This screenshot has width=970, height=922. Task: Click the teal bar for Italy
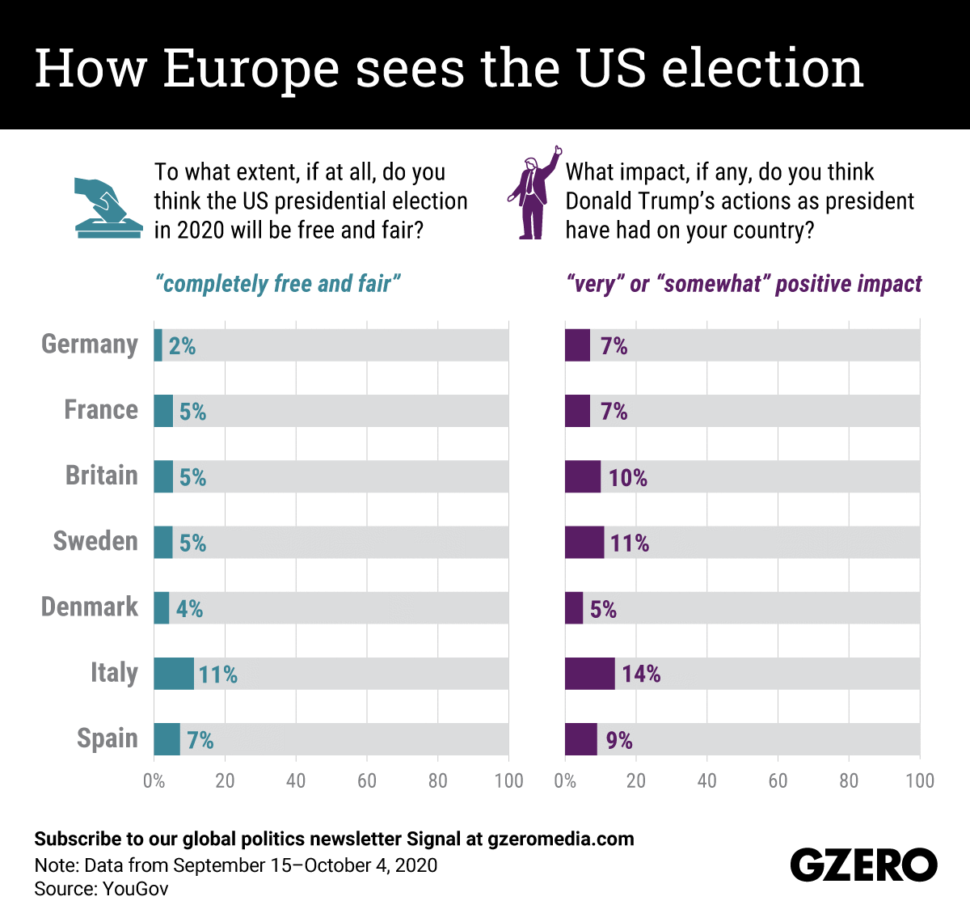(174, 673)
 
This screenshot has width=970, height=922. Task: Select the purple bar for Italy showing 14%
(589, 673)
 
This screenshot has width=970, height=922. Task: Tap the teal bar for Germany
(158, 345)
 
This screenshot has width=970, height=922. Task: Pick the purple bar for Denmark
(574, 607)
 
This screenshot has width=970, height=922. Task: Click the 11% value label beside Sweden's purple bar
(630, 543)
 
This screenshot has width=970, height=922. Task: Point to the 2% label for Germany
(183, 346)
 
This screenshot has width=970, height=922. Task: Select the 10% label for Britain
(628, 477)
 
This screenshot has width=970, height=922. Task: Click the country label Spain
(108, 738)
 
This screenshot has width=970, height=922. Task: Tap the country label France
(101, 410)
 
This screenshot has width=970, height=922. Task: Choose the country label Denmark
(90, 607)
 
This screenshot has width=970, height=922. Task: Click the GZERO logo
(863, 865)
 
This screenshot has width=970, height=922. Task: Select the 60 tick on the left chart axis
(367, 780)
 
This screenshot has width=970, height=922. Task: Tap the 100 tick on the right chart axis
(920, 780)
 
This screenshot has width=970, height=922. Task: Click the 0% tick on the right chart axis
(565, 780)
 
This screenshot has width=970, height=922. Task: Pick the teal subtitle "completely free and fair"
(277, 284)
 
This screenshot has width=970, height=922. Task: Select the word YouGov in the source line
(135, 889)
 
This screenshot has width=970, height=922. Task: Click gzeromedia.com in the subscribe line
(561, 839)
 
